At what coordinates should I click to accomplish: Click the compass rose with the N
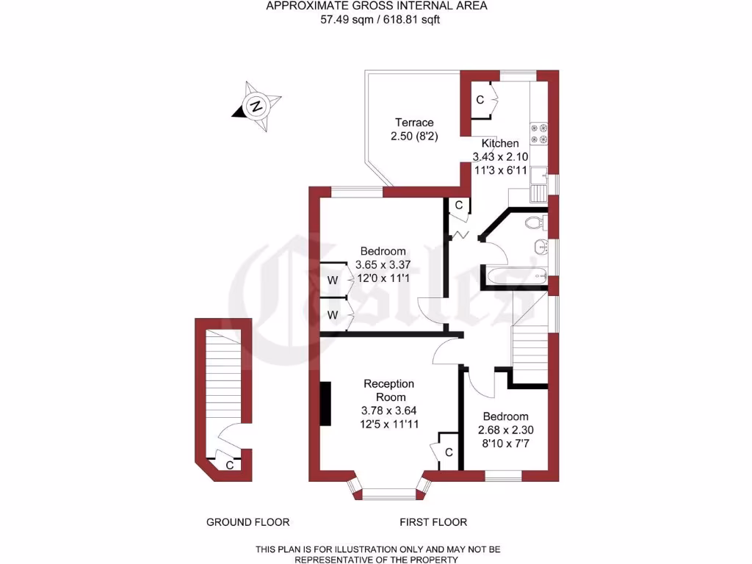pos(256,106)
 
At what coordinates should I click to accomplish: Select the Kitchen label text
pos(499,143)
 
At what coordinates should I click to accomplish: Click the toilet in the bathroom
pos(534,221)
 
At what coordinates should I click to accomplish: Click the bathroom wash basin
pos(541,246)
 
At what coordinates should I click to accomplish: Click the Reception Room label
pos(389,390)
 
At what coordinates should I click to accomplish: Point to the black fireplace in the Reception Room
pos(325,403)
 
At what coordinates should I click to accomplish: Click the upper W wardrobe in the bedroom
pos(333,280)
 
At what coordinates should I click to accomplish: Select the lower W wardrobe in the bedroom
pos(333,314)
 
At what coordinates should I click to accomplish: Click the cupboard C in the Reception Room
pos(447,451)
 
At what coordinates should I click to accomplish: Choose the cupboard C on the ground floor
pos(229,465)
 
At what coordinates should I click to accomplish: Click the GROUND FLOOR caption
pos(247,522)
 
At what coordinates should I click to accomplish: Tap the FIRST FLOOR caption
pos(433,522)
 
